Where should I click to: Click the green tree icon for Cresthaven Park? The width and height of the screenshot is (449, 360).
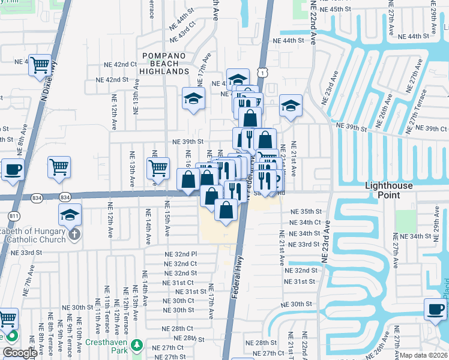(137, 345)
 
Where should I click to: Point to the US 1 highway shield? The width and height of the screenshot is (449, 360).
(263, 73)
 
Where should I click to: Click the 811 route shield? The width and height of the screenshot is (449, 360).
(13, 215)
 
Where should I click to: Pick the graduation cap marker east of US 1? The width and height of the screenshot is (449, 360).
(291, 106)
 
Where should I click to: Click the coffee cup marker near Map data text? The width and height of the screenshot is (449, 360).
(435, 310)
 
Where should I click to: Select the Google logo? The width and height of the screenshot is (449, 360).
(19, 353)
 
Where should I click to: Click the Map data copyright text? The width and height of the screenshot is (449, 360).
(423, 355)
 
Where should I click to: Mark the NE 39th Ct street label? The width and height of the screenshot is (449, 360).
(427, 128)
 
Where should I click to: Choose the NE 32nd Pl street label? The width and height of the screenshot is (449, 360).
(181, 254)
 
